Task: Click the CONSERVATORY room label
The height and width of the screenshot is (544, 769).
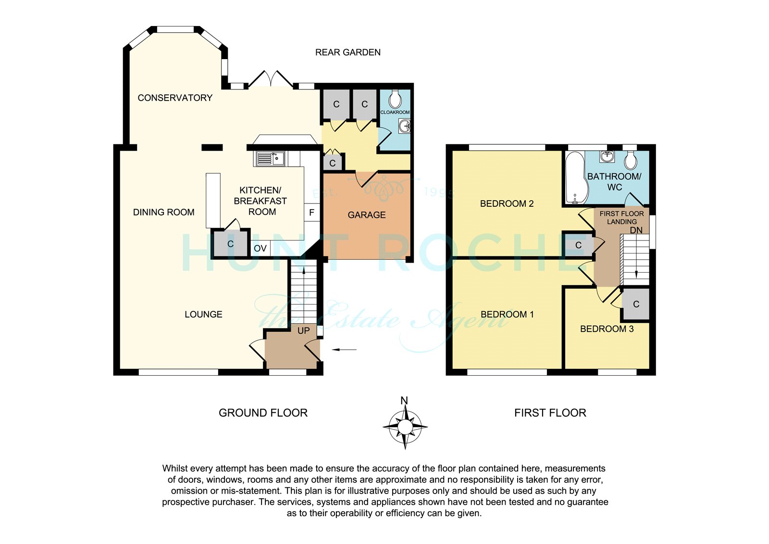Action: tap(175, 98)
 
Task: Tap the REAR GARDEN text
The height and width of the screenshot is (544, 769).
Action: tap(348, 52)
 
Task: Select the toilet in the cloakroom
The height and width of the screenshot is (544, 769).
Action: tap(395, 99)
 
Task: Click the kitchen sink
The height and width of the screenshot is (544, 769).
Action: tap(269, 159)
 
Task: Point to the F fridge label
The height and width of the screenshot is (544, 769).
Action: tap(312, 213)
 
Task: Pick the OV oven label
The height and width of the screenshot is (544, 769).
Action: tap(260, 248)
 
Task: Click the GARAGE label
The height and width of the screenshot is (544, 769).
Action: tap(367, 215)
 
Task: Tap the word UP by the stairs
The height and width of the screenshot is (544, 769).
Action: tap(303, 330)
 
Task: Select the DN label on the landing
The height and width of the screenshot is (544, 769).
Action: tap(636, 230)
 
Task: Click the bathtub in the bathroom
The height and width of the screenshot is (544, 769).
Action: tap(575, 178)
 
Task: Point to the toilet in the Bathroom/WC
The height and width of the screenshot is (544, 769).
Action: tap(631, 160)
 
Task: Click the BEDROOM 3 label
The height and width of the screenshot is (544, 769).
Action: tap(607, 329)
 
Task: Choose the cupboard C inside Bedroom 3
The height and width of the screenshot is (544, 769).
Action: tap(636, 304)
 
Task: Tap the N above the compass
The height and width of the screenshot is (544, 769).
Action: tap(404, 400)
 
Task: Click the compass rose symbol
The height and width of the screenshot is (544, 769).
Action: tap(405, 427)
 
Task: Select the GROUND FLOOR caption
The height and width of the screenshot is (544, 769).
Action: tap(263, 413)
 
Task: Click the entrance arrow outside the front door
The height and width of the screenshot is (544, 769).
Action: tap(344, 350)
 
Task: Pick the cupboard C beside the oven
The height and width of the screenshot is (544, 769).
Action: tap(230, 244)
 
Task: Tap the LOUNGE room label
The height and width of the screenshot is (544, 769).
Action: tap(204, 314)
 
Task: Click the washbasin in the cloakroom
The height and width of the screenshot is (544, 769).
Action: tap(404, 126)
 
